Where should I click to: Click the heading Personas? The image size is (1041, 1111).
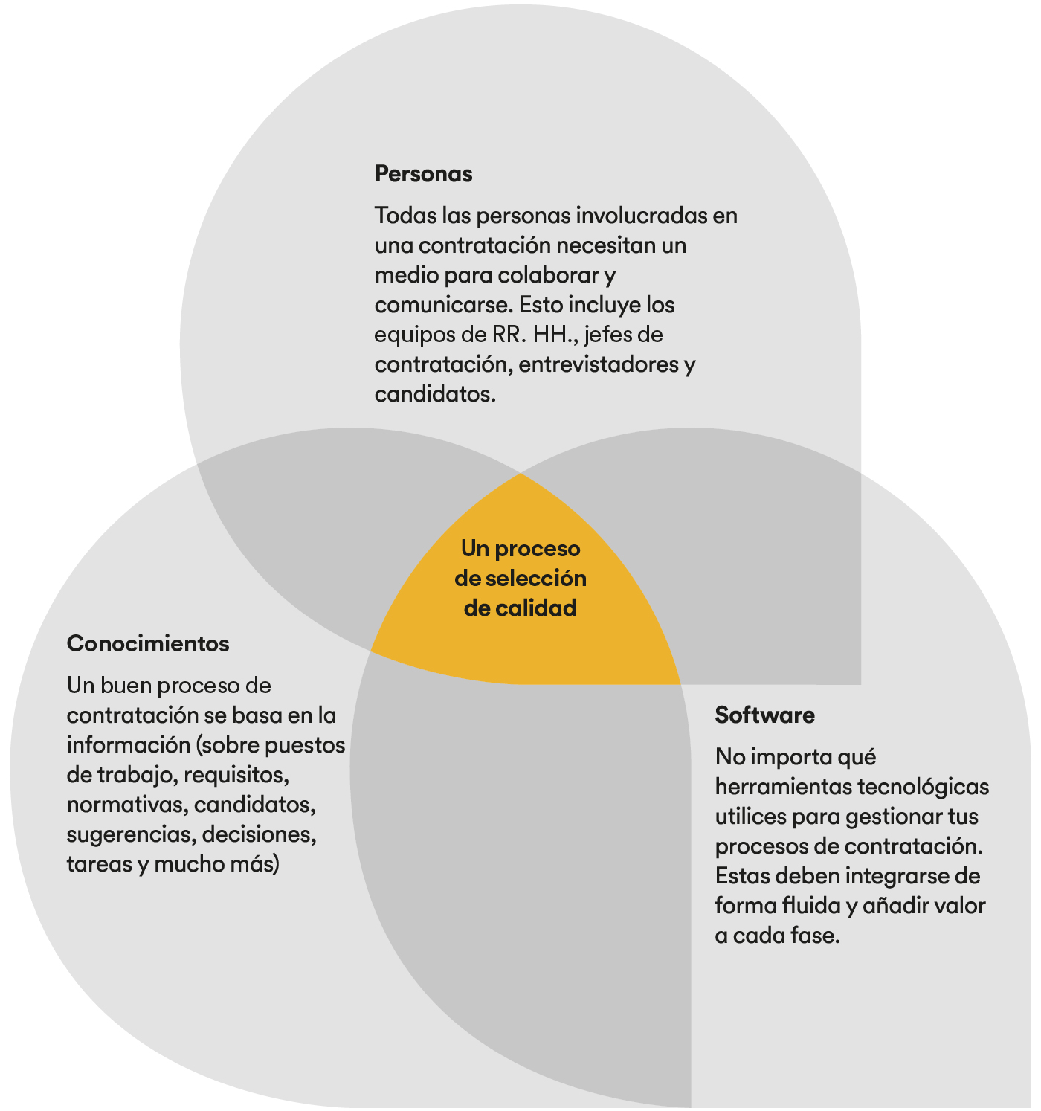click(423, 174)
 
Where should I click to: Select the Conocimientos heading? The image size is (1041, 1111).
click(148, 644)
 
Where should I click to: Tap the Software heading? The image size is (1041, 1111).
click(764, 715)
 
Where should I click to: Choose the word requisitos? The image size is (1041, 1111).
click(236, 776)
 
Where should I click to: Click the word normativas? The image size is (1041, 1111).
click(128, 805)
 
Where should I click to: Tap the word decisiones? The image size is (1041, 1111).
click(259, 834)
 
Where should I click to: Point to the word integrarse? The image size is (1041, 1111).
click(900, 876)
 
